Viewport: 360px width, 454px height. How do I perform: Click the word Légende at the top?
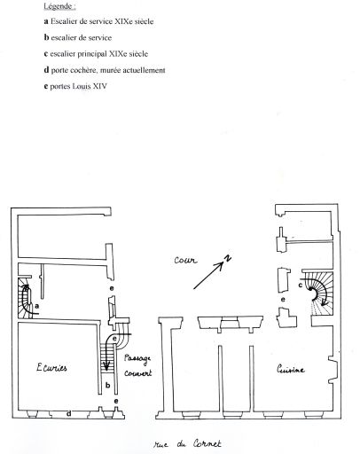pyautogui.click(x=58, y=6)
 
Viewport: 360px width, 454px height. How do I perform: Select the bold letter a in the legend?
pyautogui.click(x=46, y=21)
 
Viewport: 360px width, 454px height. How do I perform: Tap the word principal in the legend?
pyautogui.click(x=92, y=54)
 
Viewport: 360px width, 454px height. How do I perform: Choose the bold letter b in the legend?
pyautogui.click(x=46, y=37)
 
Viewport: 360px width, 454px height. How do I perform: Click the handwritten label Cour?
pyautogui.click(x=185, y=260)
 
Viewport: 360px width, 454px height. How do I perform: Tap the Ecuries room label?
pyautogui.click(x=51, y=368)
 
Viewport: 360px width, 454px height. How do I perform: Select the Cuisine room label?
pyautogui.click(x=290, y=369)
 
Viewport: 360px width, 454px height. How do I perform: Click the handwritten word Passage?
pyautogui.click(x=137, y=358)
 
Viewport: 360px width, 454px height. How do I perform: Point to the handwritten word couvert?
pyautogui.click(x=137, y=373)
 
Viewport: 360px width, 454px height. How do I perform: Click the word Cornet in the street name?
pyautogui.click(x=207, y=443)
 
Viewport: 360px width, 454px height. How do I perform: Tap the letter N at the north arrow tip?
pyautogui.click(x=228, y=258)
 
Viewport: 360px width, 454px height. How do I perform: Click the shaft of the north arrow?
pyautogui.click(x=208, y=276)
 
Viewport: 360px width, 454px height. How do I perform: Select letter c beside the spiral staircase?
pyautogui.click(x=300, y=286)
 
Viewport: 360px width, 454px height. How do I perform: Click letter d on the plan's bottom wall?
pyautogui.click(x=68, y=413)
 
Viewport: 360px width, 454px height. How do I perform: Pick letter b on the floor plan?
pyautogui.click(x=108, y=385)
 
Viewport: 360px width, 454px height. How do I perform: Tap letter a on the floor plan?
pyautogui.click(x=36, y=306)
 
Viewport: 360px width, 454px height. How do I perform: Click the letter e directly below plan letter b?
pyautogui.click(x=116, y=401)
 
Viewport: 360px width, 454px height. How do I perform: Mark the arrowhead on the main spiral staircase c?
pyautogui.click(x=325, y=302)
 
